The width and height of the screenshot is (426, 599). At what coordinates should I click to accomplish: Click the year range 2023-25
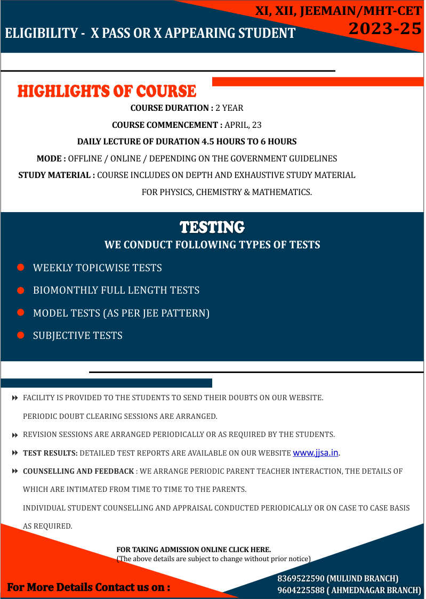(x=385, y=29)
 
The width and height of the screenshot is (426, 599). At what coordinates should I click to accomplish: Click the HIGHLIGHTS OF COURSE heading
(x=107, y=91)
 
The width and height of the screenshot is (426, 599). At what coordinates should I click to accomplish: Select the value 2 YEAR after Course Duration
(x=229, y=108)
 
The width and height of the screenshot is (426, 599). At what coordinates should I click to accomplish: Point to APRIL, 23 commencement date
(x=243, y=125)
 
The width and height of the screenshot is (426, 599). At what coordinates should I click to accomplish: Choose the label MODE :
(x=51, y=159)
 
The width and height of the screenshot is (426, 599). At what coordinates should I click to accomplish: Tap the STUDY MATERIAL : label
(x=57, y=175)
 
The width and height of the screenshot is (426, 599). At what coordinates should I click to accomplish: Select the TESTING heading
(x=212, y=228)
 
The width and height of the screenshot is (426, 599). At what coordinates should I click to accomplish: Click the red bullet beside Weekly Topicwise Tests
(x=21, y=268)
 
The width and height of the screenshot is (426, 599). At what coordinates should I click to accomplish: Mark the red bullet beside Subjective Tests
(x=21, y=335)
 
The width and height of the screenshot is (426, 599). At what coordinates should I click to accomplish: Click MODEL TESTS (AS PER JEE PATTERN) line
(x=121, y=313)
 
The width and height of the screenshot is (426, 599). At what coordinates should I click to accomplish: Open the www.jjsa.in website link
(x=316, y=453)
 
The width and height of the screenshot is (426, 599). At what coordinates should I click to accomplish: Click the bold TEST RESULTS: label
(x=50, y=454)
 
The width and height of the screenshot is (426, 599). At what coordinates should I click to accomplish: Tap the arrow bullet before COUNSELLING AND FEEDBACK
(x=15, y=472)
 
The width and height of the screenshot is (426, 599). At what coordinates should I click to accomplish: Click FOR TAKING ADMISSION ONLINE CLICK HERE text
(x=194, y=549)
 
